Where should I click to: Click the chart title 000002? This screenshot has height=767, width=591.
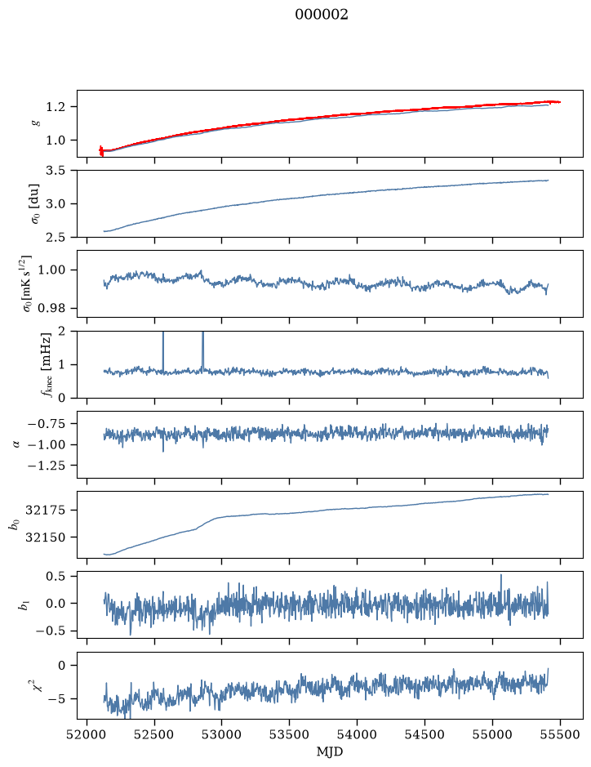coord(321,15)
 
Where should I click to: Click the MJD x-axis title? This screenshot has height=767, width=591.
coord(330,751)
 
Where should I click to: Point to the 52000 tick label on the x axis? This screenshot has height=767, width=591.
coord(87,734)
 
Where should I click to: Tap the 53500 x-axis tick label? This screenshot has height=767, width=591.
coord(289,734)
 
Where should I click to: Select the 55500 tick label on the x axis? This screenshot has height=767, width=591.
coord(560,734)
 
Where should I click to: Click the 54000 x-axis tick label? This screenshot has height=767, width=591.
coord(357,734)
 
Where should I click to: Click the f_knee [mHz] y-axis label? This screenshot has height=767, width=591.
coord(47,364)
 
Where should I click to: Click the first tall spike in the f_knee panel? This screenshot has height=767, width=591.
coord(163,351)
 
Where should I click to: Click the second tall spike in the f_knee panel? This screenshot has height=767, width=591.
coord(203,351)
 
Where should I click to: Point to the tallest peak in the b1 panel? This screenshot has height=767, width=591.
coord(501,576)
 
